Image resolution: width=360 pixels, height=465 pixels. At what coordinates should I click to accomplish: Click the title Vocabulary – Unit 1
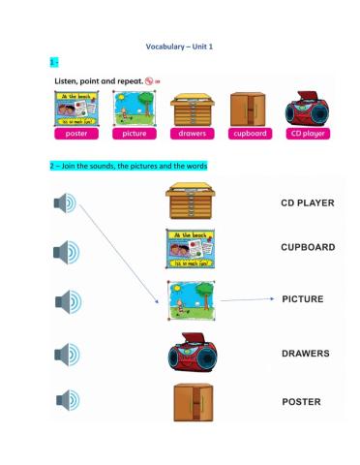tap(179, 46)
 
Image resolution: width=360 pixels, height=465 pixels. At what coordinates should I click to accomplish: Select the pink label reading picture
tap(135, 133)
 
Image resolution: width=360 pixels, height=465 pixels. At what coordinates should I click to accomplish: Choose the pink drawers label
tap(191, 133)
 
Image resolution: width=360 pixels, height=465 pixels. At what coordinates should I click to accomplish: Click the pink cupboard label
tap(249, 133)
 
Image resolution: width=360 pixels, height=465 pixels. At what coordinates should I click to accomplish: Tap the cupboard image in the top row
tap(248, 108)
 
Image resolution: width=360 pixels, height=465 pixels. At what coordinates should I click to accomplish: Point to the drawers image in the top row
tap(191, 108)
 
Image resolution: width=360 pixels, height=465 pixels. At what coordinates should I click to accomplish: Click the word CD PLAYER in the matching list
tap(308, 203)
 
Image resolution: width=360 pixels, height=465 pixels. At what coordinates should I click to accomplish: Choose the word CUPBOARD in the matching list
tap(308, 247)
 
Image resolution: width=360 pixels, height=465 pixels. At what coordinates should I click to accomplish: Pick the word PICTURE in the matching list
tap(303, 299)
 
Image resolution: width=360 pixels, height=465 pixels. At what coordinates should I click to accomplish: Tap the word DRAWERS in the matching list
tap(306, 353)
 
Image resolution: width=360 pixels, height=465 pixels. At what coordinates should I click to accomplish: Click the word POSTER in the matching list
tap(301, 401)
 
